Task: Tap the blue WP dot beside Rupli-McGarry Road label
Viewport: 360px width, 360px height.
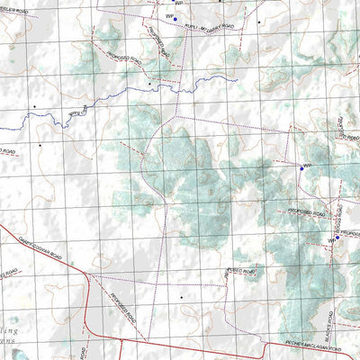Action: [175, 17]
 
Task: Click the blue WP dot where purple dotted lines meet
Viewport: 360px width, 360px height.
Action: [301, 167]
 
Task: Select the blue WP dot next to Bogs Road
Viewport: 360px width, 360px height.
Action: [337, 238]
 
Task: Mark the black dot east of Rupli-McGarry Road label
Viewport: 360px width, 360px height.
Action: [259, 22]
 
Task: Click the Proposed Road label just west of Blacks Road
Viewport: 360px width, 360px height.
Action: [241, 273]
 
